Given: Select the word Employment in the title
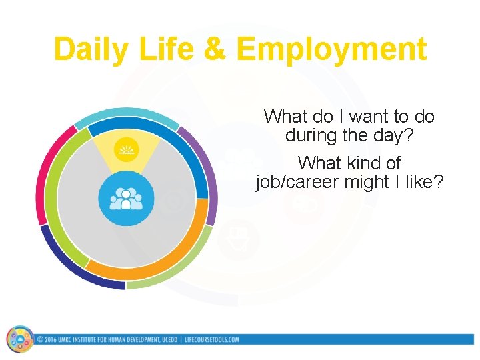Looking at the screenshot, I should coord(331,50).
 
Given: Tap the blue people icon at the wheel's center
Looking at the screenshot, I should coord(126,199).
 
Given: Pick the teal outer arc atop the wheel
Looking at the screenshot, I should coord(127,113).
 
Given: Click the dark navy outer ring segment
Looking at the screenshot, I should coord(73,263).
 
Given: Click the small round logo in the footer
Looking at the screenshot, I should coord(20,339).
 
